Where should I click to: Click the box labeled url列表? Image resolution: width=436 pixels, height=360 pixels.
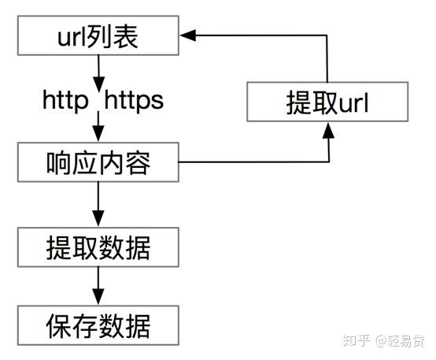[x=98, y=35]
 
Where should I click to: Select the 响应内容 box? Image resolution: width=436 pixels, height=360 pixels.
[x=98, y=162]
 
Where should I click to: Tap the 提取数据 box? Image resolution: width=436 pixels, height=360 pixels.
[x=98, y=247]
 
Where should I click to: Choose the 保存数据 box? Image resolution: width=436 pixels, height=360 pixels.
[x=98, y=325]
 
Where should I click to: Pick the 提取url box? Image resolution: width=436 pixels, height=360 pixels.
[x=327, y=102]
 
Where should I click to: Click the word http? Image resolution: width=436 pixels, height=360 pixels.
[x=65, y=101]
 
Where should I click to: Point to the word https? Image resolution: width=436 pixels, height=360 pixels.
[x=134, y=101]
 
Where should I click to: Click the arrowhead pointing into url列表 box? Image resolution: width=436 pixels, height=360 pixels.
[x=188, y=35]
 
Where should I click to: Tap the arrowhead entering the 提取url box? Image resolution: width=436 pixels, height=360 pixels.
[x=328, y=130]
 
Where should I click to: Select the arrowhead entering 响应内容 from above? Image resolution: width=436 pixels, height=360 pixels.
[x=98, y=134]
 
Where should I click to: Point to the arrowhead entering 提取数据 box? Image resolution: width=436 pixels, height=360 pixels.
[x=98, y=218]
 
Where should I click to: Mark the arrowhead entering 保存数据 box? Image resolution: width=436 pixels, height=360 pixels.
[x=98, y=297]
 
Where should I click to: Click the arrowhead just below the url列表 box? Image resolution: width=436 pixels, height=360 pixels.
[x=98, y=84]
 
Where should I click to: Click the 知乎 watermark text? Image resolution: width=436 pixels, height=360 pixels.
[x=357, y=340]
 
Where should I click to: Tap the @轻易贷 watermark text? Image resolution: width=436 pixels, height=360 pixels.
[x=401, y=340]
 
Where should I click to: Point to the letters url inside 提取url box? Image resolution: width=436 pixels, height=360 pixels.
[x=353, y=103]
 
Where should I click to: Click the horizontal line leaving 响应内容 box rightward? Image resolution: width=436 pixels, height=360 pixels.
[x=253, y=161]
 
